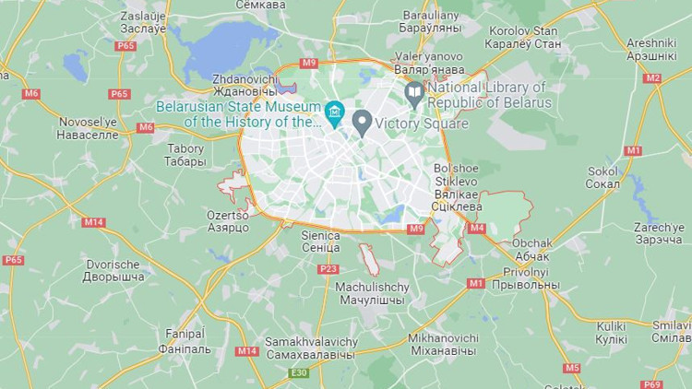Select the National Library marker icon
pos(414,92)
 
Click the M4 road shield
pos(476,228)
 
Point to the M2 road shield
pos(653,77)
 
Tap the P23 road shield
pos(328,268)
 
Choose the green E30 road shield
pos(299,372)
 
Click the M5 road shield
pos(572,368)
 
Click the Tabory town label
pos(185,155)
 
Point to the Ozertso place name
pos(228,221)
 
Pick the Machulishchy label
pos(372,293)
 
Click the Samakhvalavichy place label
pos(310,348)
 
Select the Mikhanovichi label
pos(443,344)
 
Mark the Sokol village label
pos(603,177)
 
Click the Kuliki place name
pos(611,333)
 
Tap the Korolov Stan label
pos(523,38)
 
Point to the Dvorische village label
pos(114,270)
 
